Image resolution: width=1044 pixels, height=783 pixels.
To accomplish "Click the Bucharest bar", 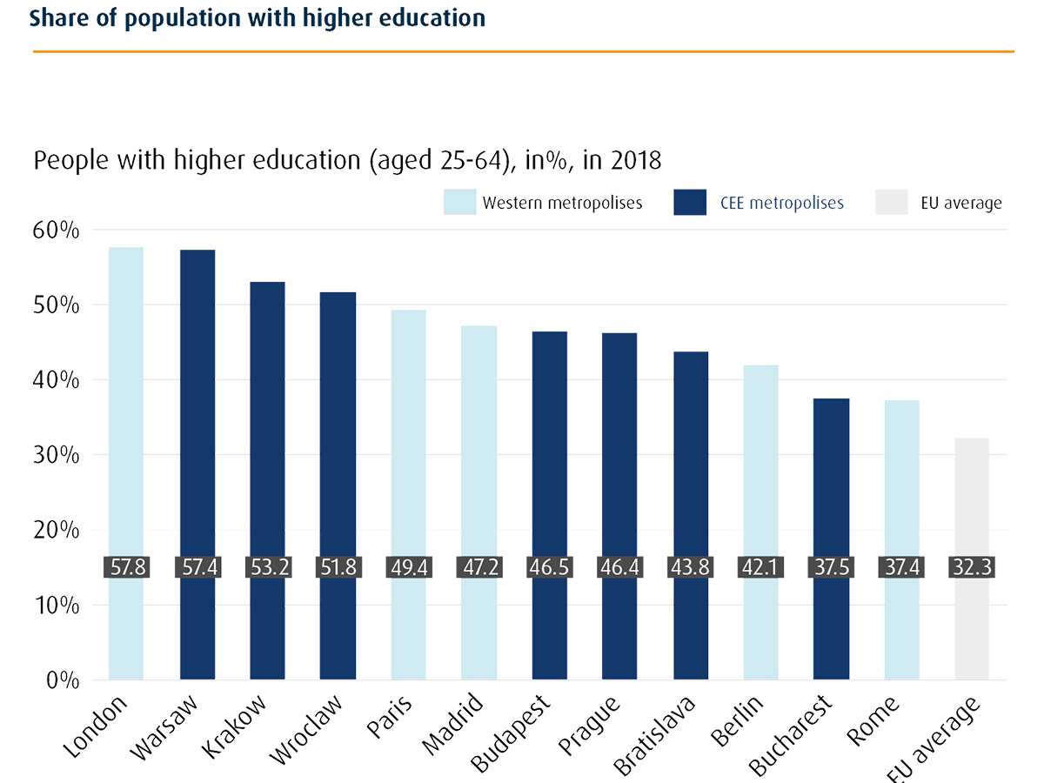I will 831,487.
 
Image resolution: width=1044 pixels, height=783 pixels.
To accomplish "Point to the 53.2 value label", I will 267,567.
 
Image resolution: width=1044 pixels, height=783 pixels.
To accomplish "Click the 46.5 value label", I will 549,567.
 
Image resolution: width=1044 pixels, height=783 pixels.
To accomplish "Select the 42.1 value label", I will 760,567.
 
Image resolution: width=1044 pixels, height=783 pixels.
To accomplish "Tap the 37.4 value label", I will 901,567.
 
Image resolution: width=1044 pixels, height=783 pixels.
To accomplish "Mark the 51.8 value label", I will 338,567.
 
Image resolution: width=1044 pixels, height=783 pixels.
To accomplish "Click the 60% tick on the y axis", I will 56,231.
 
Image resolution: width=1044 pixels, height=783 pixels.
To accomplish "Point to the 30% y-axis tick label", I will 56,455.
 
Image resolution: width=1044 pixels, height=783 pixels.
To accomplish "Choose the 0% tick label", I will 63,680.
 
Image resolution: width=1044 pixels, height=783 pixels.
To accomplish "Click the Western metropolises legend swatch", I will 460,203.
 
